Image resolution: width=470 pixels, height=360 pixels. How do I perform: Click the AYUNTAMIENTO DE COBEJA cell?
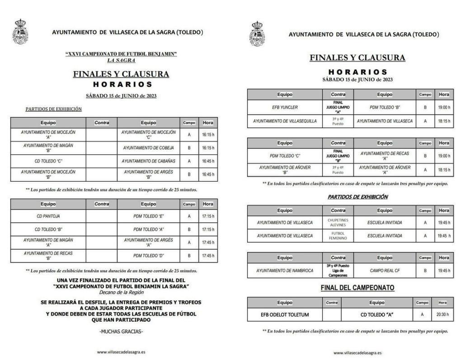(x=148, y=148)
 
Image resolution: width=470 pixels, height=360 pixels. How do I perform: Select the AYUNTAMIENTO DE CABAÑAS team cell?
(x=148, y=161)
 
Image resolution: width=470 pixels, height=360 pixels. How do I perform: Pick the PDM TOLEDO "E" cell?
(x=148, y=216)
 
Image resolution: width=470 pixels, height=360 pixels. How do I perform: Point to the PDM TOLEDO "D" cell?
(x=148, y=256)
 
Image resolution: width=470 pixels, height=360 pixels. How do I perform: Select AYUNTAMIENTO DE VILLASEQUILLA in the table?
(x=285, y=121)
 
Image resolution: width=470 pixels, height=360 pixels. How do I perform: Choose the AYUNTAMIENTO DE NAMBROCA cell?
(x=285, y=271)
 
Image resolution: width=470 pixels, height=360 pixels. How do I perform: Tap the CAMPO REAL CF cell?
(x=385, y=271)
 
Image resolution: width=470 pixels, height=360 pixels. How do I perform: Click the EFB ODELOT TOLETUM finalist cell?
(x=285, y=315)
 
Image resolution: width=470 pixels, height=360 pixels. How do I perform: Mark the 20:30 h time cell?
(x=442, y=315)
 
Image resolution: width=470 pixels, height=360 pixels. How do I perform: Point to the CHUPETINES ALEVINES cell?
(x=338, y=223)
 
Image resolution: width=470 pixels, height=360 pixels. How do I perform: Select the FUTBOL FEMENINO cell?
(x=338, y=236)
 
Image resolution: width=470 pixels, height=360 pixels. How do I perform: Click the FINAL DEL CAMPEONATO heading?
(x=357, y=288)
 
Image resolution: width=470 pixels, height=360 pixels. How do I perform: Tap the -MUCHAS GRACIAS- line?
(x=121, y=332)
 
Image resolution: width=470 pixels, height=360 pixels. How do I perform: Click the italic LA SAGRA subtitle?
(x=121, y=60)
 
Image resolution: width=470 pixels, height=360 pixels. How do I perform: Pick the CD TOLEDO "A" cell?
(x=376, y=315)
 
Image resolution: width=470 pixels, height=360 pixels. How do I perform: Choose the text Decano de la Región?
(x=121, y=292)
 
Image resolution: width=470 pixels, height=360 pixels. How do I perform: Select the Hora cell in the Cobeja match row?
(x=208, y=148)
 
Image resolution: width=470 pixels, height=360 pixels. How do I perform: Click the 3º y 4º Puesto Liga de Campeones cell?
(x=338, y=271)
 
